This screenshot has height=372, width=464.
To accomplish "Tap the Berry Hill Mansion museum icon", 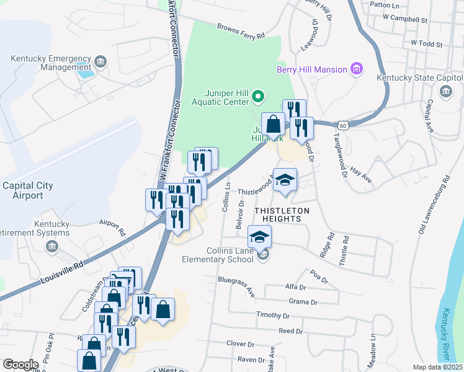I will (357, 69).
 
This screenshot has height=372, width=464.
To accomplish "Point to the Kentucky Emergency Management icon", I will (100, 62).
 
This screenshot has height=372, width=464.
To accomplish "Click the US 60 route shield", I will (352, 125).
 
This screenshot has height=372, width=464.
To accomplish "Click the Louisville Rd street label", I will (61, 272).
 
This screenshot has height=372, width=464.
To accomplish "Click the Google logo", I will (20, 364).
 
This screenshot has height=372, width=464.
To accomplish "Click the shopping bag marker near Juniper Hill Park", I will (273, 125).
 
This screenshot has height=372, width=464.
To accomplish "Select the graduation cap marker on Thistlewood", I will (285, 180).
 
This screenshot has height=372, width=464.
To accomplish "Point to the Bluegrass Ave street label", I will (236, 286).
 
